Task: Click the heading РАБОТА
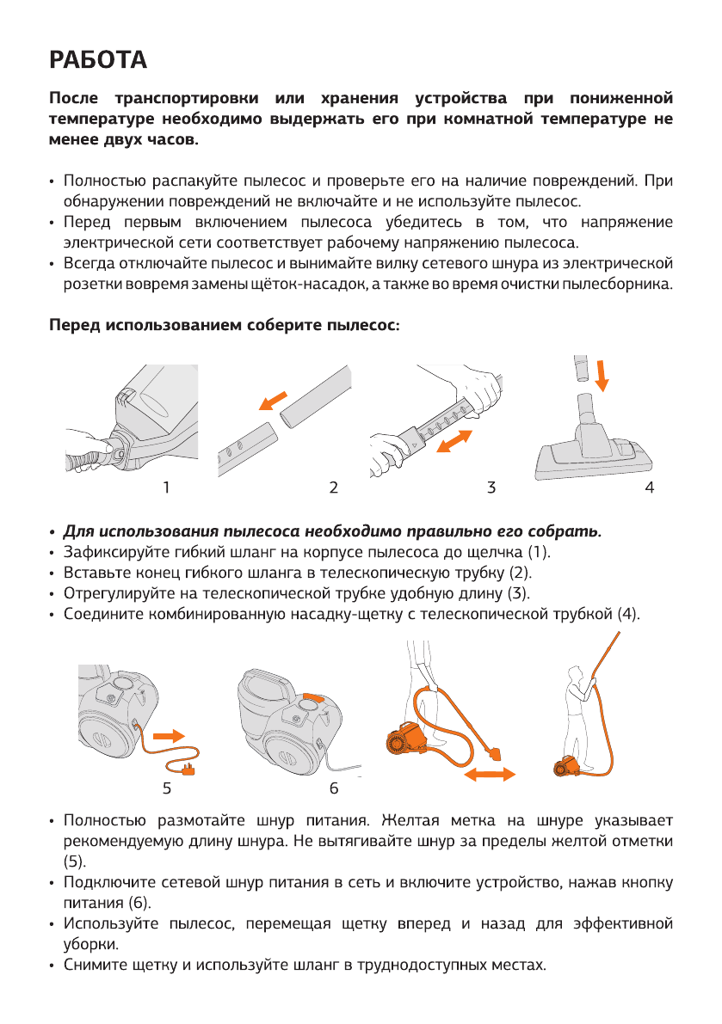(x=98, y=60)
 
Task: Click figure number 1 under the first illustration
(x=166, y=487)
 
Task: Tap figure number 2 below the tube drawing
(x=332, y=487)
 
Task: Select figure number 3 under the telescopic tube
(x=491, y=487)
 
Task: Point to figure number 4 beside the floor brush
(x=650, y=487)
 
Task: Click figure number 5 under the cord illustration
(x=166, y=786)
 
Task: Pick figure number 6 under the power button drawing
(x=333, y=786)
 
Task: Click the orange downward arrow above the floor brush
(x=602, y=374)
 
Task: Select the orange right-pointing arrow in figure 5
(x=169, y=736)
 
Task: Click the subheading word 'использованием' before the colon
(x=176, y=326)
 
